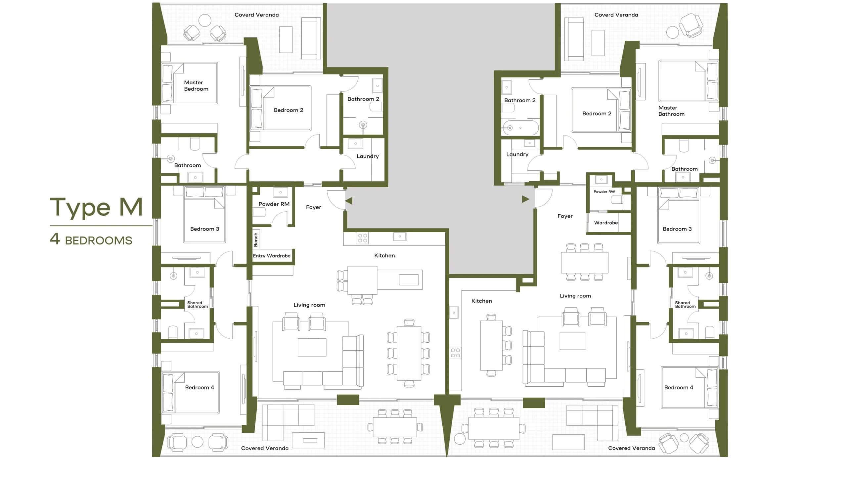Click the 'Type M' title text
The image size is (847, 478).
tap(96, 207)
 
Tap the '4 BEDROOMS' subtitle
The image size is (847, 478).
tap(91, 239)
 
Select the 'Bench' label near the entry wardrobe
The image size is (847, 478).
tap(256, 239)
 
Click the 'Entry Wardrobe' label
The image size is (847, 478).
tap(272, 256)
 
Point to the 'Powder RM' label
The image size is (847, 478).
tap(274, 204)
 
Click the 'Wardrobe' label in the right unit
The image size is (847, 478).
tap(606, 223)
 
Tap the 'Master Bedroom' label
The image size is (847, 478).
tap(196, 86)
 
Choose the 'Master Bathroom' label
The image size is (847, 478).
tap(671, 111)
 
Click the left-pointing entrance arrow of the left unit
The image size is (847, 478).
tap(349, 201)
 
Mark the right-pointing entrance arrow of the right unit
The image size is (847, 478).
tap(526, 199)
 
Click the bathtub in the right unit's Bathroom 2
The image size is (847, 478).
tap(520, 128)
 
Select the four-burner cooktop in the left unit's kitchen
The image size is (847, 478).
tap(363, 238)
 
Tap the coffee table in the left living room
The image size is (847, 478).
tap(312, 347)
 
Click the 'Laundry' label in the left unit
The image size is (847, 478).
tap(368, 156)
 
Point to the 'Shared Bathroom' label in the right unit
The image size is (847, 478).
tap(685, 305)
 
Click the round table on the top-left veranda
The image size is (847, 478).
tap(205, 21)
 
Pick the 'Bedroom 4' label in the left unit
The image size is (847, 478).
tap(200, 387)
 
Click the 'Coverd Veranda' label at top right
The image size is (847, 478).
tap(616, 15)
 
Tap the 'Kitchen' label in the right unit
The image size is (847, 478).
tap(481, 301)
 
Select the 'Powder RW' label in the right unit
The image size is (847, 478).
tap(604, 192)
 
